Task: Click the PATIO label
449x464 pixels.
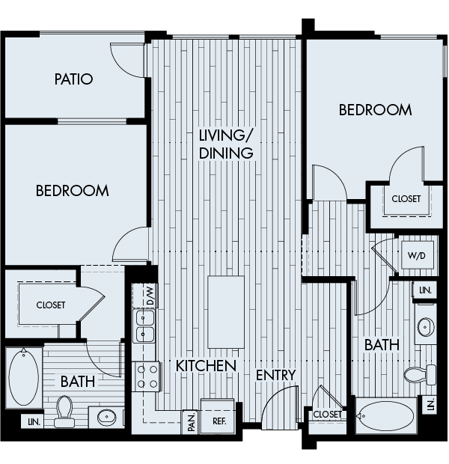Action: pos(73,79)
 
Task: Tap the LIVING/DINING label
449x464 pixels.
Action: pos(226,144)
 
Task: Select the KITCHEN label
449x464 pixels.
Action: pos(207,366)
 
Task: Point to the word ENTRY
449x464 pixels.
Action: pos(276,375)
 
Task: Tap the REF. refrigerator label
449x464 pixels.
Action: pos(219,421)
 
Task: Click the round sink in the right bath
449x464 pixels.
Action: pos(425,327)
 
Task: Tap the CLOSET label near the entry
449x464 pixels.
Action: pos(327,414)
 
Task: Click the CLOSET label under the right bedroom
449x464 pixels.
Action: pos(406,199)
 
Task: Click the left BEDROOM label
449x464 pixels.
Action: pos(72,191)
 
